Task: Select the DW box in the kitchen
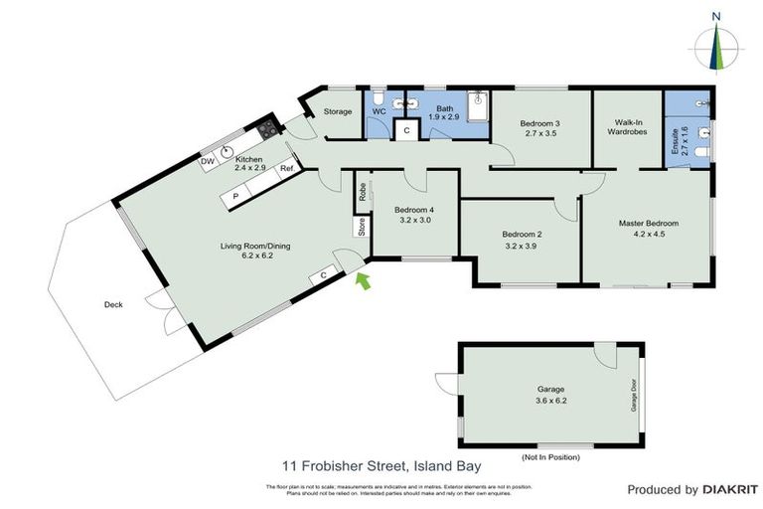[208, 161]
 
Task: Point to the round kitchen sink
[228, 153]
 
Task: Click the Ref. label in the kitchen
[286, 169]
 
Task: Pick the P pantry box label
[234, 197]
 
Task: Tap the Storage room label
[338, 111]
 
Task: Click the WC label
[379, 111]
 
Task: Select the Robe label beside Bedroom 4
[363, 192]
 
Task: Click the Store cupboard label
[363, 227]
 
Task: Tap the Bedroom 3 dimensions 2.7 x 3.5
[540, 134]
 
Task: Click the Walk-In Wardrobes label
[627, 127]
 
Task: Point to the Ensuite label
[676, 144]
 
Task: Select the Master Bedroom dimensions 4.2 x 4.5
[648, 236]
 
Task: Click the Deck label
[112, 305]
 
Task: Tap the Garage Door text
[631, 395]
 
